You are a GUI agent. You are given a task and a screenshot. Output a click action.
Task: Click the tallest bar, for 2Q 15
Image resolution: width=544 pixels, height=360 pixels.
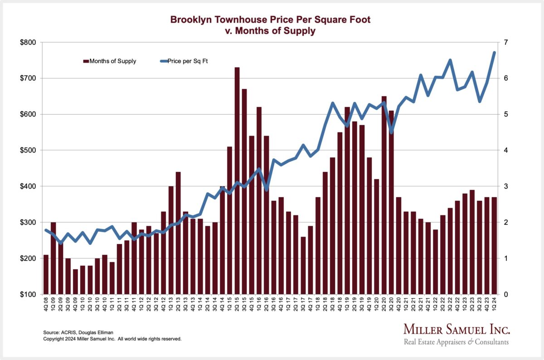click(x=237, y=181)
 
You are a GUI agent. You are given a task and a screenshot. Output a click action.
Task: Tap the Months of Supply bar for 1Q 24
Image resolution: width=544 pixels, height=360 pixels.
click(x=494, y=245)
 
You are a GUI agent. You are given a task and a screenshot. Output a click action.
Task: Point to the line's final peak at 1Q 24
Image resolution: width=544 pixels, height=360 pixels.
click(x=494, y=53)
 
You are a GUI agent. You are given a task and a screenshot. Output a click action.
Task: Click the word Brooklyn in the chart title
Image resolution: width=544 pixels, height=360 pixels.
click(x=187, y=20)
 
